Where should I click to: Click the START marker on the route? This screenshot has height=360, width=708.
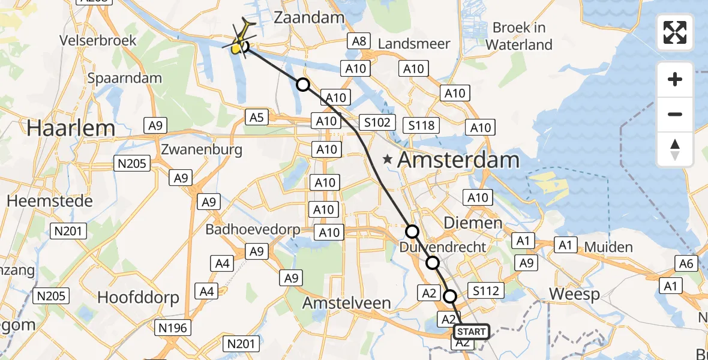point(472,332)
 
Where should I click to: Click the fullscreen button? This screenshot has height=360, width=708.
point(675,32)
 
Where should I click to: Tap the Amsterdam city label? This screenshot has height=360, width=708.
point(458,160)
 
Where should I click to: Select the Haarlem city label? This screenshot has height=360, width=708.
point(71,128)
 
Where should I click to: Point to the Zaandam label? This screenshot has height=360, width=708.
point(309,17)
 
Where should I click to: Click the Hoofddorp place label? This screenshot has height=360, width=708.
point(138,297)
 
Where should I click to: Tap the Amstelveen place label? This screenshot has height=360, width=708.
point(346,303)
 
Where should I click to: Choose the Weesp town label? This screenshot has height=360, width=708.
point(574,295)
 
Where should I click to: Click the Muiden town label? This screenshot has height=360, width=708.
point(608,247)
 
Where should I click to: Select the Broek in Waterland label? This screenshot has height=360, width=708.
point(519,36)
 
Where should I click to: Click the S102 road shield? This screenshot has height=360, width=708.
point(377,123)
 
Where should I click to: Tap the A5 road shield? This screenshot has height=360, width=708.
point(256,117)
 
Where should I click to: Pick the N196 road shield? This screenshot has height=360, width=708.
point(173,327)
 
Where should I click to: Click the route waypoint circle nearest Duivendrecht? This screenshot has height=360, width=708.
point(433,263)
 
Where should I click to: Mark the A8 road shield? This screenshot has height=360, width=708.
point(358,41)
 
